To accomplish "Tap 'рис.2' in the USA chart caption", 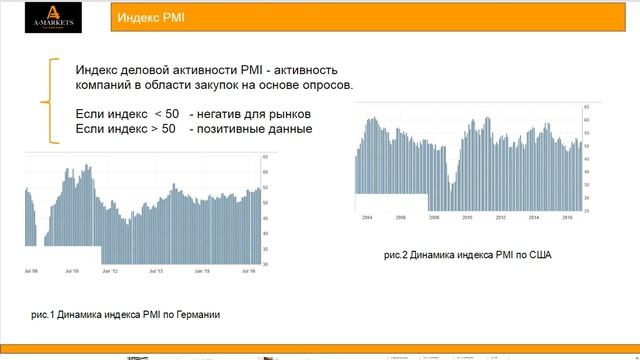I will point(396,255).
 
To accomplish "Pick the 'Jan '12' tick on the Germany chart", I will point(111,271).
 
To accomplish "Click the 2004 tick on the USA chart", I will point(367,217).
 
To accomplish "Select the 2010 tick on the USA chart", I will point(466,217).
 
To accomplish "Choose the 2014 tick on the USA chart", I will point(534,217).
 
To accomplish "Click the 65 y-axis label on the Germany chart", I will point(266,158).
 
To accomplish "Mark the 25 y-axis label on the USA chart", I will point(586,211).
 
